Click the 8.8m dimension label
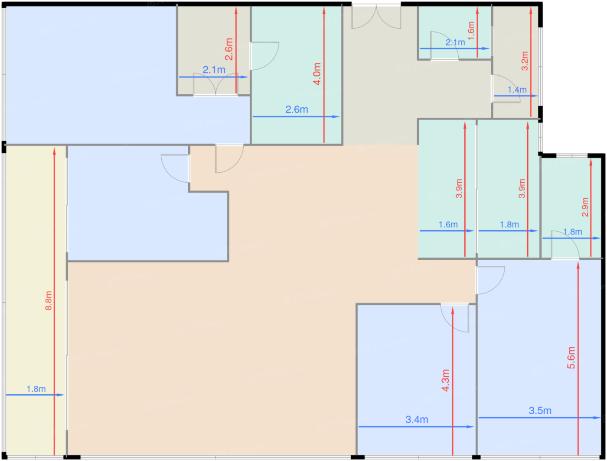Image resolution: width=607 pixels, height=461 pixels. tap(49, 300)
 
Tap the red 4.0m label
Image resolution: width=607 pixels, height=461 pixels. tap(317, 74)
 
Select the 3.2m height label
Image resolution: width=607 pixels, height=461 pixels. tap(525, 61)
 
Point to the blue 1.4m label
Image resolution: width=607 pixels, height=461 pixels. tap(517, 90)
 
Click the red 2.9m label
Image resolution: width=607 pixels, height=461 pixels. tap(585, 207)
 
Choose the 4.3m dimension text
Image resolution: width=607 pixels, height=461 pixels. tap(445, 380)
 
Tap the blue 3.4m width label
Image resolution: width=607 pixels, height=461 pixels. tap(417, 419)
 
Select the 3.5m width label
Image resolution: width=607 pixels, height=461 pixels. tap(540, 410)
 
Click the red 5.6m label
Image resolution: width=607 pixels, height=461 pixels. tap(571, 358)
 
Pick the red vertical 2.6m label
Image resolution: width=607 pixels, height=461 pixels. tap(228, 49)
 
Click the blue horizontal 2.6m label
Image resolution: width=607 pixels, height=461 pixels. tap(297, 110)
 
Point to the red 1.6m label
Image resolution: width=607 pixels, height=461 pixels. tap(471, 31)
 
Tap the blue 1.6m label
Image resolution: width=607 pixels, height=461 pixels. tap(448, 224)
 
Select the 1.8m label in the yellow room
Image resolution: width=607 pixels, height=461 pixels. tap(36, 389)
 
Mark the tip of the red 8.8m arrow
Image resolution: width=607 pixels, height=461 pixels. tap(54, 148)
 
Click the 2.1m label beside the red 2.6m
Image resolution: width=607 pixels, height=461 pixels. tap(214, 70)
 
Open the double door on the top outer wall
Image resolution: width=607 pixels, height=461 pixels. tap(376, 16)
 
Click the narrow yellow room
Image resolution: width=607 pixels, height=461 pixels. tap(36, 300)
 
